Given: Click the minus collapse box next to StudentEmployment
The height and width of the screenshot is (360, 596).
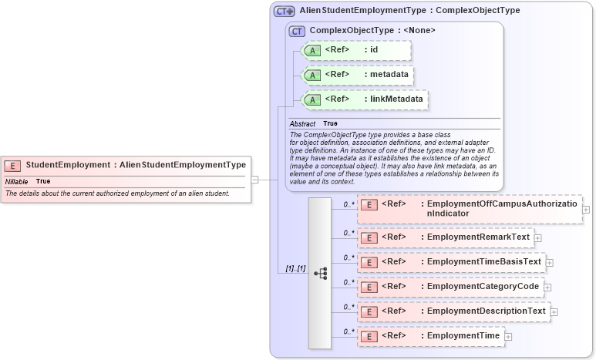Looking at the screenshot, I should (255, 180).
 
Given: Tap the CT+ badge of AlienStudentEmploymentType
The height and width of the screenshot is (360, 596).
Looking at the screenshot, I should (285, 12).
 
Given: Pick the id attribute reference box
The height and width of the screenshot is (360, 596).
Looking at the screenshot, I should (356, 51).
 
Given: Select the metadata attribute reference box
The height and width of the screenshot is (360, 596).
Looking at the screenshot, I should (358, 75).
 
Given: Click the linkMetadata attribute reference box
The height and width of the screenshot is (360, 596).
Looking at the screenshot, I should (364, 99).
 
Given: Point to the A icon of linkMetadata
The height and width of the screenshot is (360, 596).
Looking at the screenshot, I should (312, 99).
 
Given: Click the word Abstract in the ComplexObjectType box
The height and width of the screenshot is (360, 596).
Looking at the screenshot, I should (302, 123).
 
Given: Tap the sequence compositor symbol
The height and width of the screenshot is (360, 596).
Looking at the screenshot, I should (320, 274).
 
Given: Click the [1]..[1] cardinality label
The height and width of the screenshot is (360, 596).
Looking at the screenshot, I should (295, 269).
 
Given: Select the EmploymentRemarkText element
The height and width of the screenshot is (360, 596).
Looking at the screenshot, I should (446, 237).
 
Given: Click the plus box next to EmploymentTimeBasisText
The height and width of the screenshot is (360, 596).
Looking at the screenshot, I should (550, 263).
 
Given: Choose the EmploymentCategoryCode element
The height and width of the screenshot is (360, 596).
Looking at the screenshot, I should (450, 287).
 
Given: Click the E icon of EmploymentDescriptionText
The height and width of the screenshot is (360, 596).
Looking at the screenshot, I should (369, 312).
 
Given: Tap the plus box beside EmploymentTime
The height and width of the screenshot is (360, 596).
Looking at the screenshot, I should (509, 337).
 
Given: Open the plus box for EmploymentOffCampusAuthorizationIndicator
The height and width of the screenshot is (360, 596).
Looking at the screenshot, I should (587, 209).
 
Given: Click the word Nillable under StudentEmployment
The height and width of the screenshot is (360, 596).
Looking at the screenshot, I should (16, 181).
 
